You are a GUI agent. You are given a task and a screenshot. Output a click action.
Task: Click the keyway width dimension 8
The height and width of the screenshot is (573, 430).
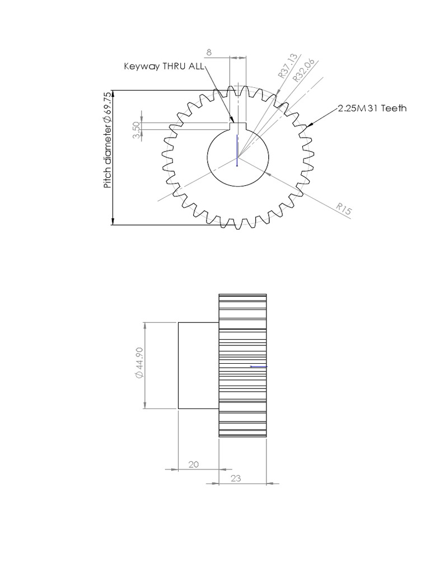(209, 52)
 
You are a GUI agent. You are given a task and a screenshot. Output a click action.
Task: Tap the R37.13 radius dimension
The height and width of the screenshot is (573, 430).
(286, 67)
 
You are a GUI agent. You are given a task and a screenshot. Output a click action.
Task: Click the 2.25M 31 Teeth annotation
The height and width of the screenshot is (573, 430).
(372, 109)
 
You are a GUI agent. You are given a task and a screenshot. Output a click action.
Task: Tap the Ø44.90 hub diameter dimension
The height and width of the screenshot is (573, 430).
(139, 365)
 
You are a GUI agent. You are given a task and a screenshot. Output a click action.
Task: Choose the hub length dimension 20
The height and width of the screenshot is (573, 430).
(194, 464)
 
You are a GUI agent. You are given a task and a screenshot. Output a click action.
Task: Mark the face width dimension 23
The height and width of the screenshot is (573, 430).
(235, 479)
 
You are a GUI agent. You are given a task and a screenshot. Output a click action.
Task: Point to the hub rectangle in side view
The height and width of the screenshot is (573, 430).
(198, 365)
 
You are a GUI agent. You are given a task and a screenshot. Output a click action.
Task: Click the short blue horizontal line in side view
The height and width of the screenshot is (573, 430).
(259, 367)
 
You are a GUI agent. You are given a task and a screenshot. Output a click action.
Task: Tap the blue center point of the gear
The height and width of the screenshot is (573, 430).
(237, 165)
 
